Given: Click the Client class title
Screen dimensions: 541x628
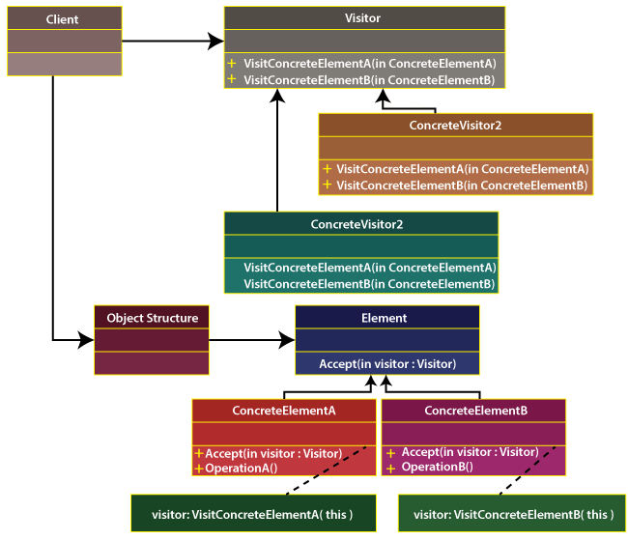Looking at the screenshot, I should (x=63, y=19).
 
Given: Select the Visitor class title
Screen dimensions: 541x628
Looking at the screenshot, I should (x=362, y=18).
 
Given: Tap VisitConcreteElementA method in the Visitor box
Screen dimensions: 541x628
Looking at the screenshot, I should (x=369, y=63).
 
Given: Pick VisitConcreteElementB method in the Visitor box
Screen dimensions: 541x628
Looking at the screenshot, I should (x=369, y=80).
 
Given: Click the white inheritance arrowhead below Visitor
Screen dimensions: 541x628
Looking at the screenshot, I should (x=402, y=100).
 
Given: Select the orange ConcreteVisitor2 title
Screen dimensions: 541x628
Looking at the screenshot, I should (x=455, y=126).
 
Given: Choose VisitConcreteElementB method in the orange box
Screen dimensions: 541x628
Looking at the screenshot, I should (x=461, y=185).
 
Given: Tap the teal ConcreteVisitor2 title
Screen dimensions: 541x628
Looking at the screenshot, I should (x=357, y=224).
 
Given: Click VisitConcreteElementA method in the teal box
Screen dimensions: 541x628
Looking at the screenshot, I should (x=369, y=268).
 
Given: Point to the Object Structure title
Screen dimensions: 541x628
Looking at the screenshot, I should (x=152, y=318).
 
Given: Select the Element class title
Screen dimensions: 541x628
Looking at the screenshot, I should (x=384, y=318).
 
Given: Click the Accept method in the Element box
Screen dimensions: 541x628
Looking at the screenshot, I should (x=386, y=364).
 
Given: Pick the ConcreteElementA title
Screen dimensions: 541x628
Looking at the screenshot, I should (x=284, y=411).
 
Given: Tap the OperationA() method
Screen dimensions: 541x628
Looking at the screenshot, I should (x=241, y=469).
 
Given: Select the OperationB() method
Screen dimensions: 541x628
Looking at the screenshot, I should (x=437, y=467).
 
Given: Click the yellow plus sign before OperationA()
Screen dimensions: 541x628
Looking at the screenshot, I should (x=198, y=469).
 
